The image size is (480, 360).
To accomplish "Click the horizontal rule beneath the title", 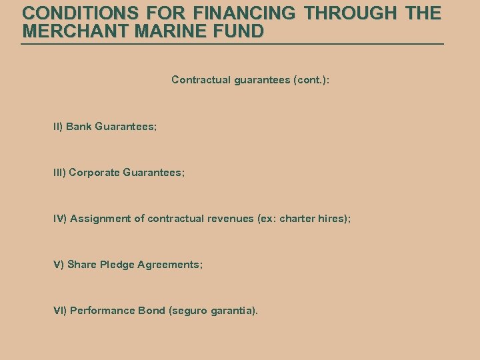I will tap(232, 44).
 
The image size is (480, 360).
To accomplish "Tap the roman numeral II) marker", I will tap(58, 126).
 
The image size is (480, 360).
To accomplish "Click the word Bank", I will tap(79, 126).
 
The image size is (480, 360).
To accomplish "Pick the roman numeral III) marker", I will tap(59, 172).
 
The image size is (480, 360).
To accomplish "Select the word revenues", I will tap(232, 219).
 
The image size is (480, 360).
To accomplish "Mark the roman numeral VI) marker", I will tap(60, 311).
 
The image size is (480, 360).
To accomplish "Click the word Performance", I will tap(103, 311).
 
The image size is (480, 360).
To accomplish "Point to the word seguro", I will tap(189, 311).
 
